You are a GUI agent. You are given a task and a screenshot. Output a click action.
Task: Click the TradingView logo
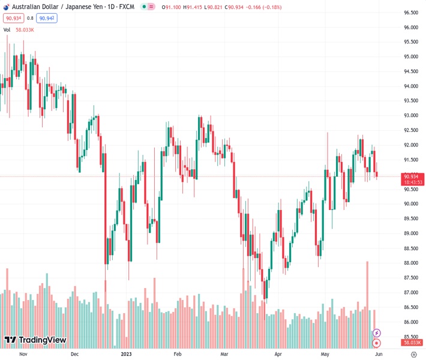(x=35, y=340)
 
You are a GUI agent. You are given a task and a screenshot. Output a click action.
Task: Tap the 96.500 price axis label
(x=410, y=13)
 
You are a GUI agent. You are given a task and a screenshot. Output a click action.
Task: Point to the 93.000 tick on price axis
(x=410, y=115)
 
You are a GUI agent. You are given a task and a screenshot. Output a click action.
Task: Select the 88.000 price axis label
(x=410, y=263)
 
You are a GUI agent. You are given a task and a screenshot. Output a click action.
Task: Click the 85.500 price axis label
(x=410, y=337)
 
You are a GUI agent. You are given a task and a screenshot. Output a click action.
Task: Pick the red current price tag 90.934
(x=411, y=176)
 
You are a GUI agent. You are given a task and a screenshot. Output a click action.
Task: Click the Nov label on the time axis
(x=23, y=354)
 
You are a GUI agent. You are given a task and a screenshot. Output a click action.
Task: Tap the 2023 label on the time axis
(x=127, y=354)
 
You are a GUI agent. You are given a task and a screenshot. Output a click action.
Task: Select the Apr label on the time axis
(x=278, y=354)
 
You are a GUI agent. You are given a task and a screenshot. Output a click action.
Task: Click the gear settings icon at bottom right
(x=414, y=354)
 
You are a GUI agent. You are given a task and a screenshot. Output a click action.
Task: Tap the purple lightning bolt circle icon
(x=376, y=333)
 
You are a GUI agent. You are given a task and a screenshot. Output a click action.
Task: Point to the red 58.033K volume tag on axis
(x=411, y=343)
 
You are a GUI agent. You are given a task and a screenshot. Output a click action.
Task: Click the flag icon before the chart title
(x=6, y=7)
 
